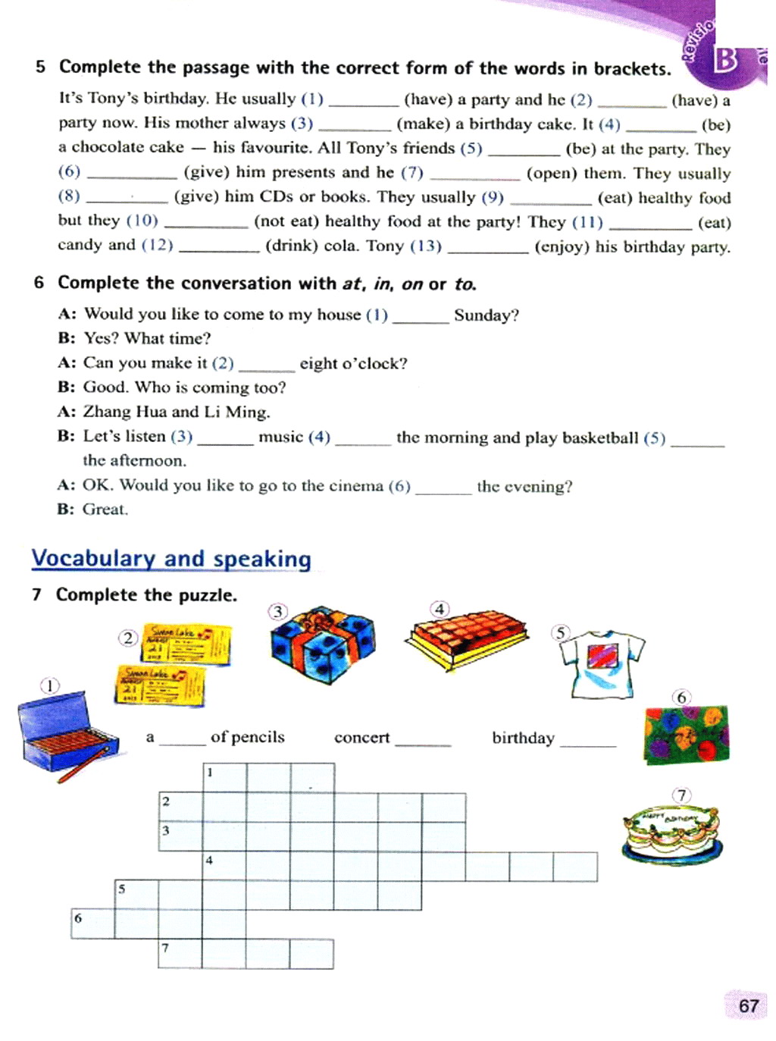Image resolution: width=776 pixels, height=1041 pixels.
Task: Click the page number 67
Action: (x=748, y=1005)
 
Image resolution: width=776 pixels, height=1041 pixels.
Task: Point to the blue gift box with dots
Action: (x=323, y=645)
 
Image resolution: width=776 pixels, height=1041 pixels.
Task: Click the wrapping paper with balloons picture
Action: (x=686, y=734)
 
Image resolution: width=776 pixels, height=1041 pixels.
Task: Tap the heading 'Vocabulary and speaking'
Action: (x=171, y=559)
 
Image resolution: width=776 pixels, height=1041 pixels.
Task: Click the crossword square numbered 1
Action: (x=224, y=778)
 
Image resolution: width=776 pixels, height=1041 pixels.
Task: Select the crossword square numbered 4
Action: (x=224, y=867)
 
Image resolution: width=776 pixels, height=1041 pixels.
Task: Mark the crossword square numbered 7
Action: (x=180, y=954)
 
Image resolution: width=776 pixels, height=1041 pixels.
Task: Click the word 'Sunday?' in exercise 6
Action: (x=486, y=315)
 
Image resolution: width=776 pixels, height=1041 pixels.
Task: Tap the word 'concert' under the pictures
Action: (x=361, y=738)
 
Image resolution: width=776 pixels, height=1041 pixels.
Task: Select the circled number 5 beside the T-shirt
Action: (x=560, y=633)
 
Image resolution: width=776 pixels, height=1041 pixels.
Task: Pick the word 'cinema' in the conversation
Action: (x=356, y=486)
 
